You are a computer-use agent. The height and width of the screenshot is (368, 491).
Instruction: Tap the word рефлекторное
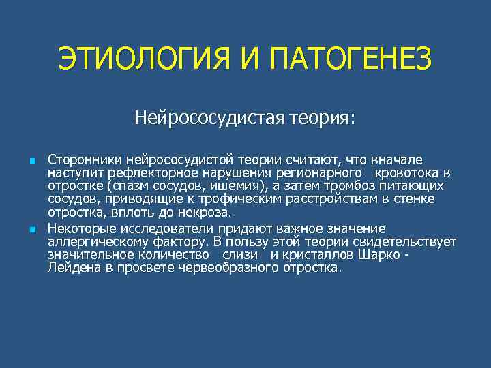click(x=172, y=173)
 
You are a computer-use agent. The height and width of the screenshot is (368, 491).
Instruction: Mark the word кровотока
click(x=407, y=173)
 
